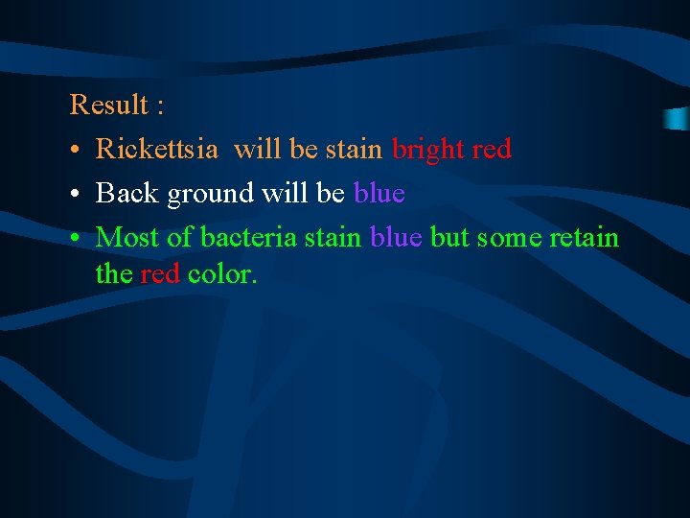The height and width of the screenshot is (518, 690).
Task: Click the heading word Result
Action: pyautogui.click(x=109, y=105)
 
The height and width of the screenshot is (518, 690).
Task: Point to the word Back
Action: pyautogui.click(x=128, y=194)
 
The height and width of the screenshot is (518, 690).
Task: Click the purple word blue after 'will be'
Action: pyautogui.click(x=379, y=194)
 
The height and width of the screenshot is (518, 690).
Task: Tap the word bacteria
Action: pyautogui.click(x=249, y=237)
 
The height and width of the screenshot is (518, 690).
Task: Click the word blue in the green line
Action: pyautogui.click(x=396, y=237)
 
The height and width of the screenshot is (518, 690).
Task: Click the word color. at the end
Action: pyautogui.click(x=222, y=274)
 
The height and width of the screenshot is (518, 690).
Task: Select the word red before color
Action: pyautogui.click(x=160, y=274)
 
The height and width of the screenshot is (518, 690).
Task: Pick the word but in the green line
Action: pyautogui.click(x=448, y=237)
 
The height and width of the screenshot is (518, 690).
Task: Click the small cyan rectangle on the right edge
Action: pyautogui.click(x=678, y=119)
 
